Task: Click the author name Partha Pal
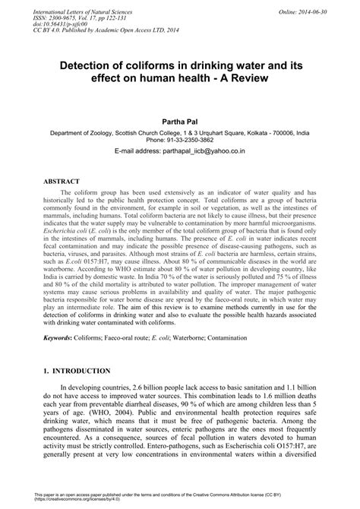[179, 121]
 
